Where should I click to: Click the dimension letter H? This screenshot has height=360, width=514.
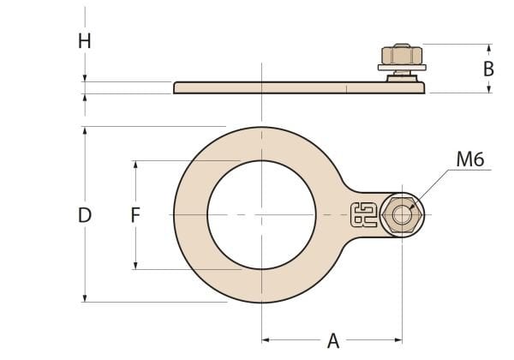[x=84, y=41]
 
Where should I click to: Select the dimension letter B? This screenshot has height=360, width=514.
[x=488, y=69]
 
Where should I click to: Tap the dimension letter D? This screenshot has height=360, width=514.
[x=84, y=215]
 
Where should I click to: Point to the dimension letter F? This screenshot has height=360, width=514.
[x=135, y=215]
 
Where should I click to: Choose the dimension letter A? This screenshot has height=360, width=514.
[x=333, y=341]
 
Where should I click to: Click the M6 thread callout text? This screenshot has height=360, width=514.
[x=470, y=159]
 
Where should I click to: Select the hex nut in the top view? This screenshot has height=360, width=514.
[x=401, y=214]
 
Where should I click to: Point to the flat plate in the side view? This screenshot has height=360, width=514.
[x=283, y=87]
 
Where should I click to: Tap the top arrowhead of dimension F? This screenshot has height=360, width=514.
[x=135, y=164]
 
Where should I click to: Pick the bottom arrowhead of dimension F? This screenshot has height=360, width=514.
[x=135, y=266]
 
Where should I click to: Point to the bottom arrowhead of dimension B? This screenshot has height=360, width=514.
[x=489, y=88]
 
